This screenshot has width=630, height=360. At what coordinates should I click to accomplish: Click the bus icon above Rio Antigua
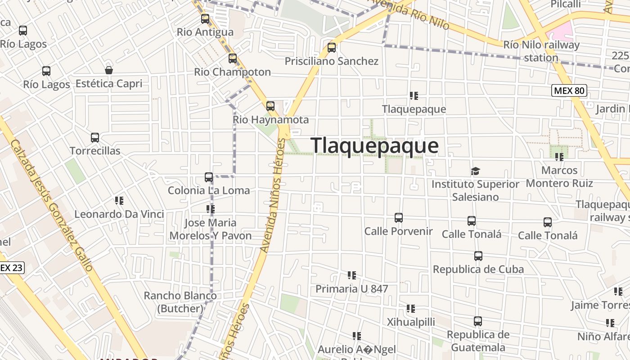click(x=205, y=19)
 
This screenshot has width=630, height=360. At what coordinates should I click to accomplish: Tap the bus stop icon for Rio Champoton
click(x=233, y=58)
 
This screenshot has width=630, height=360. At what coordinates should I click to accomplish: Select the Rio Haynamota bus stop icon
click(x=270, y=106)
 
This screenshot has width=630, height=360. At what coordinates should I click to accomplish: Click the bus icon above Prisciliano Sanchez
click(x=332, y=47)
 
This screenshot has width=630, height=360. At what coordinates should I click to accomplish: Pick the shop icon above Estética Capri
click(x=109, y=70)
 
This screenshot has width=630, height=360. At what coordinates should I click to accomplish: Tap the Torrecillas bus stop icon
click(x=95, y=138)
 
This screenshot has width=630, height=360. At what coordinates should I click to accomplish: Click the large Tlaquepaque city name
click(x=374, y=146)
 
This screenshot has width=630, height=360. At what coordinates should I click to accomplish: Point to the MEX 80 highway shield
click(x=569, y=90)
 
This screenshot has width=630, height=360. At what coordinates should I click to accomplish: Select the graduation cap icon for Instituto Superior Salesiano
click(x=475, y=171)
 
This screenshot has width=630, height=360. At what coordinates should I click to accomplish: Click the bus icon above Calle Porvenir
click(x=398, y=218)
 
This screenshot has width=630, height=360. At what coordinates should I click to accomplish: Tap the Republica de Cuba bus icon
click(x=478, y=256)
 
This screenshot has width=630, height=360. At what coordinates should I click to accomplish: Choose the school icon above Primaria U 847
click(x=352, y=275)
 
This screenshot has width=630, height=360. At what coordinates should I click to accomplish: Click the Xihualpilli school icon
click(x=411, y=309)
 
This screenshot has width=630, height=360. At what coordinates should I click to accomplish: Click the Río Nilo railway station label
click(x=541, y=51)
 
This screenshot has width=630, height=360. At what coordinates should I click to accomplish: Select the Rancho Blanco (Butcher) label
click(x=180, y=302)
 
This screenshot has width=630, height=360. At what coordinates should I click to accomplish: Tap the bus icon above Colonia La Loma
click(x=209, y=177)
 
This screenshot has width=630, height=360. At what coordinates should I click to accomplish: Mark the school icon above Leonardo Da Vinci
click(x=119, y=201)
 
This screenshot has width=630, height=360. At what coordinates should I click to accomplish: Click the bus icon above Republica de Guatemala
click(x=478, y=321)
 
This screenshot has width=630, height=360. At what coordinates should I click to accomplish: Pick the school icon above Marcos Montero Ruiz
click(x=559, y=157)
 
